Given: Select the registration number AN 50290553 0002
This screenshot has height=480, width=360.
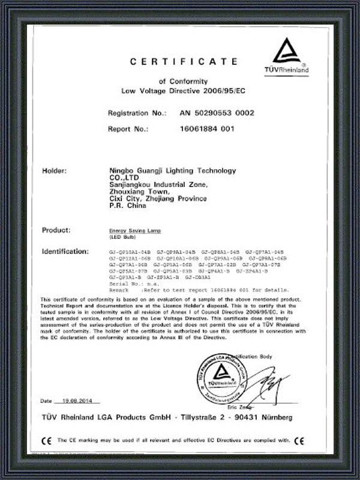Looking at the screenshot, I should (217, 113).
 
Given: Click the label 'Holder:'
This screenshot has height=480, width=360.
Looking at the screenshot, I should (55, 171).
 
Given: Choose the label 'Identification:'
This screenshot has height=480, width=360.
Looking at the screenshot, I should (65, 250).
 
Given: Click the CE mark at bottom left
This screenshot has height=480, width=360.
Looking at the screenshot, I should (45, 440).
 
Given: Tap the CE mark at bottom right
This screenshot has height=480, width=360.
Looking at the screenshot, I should (300, 440).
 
